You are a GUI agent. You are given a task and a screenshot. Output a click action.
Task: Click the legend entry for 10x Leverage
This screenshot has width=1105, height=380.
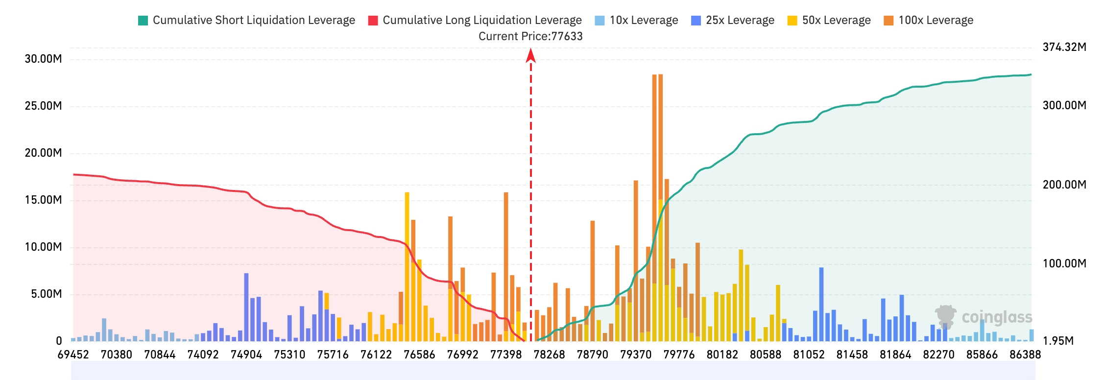636,20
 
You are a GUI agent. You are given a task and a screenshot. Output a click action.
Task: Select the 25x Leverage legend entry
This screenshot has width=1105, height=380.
733,20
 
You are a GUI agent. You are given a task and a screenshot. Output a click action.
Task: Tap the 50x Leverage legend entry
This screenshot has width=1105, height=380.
829,20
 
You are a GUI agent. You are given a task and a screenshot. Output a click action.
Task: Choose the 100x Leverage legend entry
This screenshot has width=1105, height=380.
929,20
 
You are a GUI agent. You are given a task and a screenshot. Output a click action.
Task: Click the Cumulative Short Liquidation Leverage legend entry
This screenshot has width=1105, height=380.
247,20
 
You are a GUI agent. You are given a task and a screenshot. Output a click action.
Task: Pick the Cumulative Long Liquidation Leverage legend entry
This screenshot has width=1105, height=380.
475,20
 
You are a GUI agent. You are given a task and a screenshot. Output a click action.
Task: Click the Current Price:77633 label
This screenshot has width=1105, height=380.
530,36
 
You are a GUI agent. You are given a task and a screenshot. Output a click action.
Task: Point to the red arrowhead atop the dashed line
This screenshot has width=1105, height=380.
530,55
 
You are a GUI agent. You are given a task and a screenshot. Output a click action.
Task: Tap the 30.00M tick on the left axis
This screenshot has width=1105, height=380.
43,59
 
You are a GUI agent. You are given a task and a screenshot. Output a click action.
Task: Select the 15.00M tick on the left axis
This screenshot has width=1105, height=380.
43,200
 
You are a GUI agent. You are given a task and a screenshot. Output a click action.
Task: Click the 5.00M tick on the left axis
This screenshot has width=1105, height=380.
47,294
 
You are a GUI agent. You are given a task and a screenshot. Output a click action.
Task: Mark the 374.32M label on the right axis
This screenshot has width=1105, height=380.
1064,47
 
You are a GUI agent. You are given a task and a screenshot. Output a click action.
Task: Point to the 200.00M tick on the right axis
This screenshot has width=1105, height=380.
1064,185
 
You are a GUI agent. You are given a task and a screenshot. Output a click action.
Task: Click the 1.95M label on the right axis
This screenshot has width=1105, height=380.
1058,341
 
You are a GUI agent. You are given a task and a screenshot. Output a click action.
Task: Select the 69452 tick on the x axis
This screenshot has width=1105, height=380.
73,355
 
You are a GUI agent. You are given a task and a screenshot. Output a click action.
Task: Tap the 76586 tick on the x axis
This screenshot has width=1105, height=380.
419,355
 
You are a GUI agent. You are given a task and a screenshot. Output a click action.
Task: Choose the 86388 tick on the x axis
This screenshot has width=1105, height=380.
1025,355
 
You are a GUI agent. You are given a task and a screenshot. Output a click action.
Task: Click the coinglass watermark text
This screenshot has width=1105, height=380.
997,317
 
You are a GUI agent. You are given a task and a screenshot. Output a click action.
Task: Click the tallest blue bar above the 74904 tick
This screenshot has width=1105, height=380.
246,307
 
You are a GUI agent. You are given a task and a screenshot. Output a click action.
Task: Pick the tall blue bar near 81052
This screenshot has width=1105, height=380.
821,305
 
